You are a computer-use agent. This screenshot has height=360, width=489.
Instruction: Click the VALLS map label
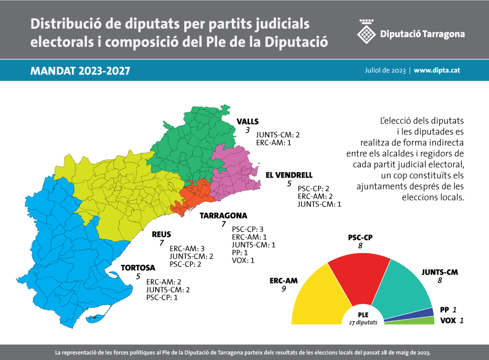[248, 122]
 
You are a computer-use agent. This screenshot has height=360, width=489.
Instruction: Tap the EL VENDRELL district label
[286, 175]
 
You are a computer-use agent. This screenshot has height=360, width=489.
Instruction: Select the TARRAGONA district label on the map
[223, 216]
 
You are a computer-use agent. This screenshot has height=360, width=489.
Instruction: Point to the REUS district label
[161, 234]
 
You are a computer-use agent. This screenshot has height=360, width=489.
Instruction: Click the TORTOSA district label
[138, 268]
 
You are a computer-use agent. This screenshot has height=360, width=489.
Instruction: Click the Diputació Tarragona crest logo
[366, 33]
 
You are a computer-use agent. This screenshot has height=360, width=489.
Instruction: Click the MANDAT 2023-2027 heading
[80, 71]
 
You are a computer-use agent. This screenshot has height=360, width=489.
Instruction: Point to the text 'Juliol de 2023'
[385, 70]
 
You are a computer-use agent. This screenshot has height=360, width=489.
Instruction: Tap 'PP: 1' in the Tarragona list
[240, 253]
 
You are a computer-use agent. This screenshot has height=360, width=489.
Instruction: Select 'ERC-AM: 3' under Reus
[187, 249]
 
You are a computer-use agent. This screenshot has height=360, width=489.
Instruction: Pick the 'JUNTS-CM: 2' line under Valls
[278, 135]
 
